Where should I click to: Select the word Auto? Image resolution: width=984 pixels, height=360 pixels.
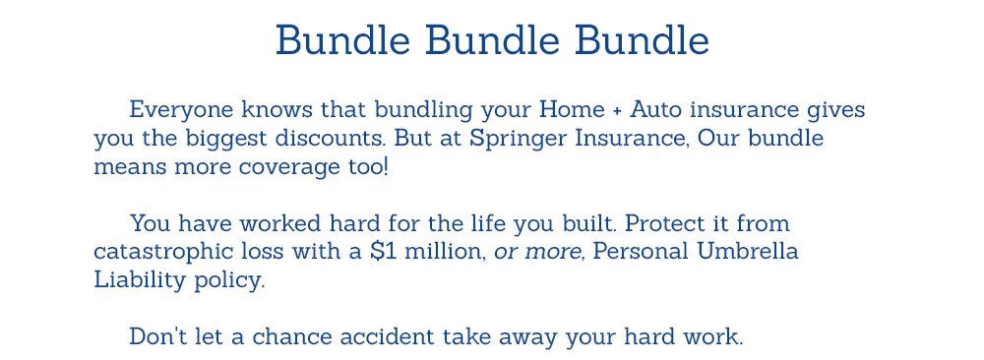point(653,108)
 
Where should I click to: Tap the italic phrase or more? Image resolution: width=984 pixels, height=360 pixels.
point(538,252)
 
